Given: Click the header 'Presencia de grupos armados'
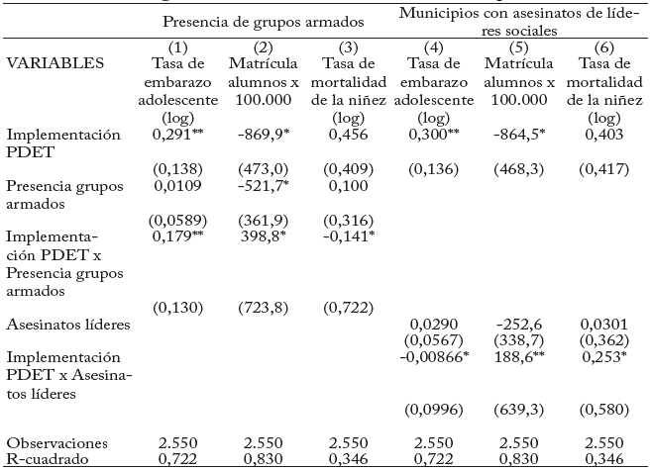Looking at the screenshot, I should [263, 21].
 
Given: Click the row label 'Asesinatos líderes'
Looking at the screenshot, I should [62, 324].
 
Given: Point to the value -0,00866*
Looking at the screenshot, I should [434, 356].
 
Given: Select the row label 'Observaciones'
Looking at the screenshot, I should [54, 442].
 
